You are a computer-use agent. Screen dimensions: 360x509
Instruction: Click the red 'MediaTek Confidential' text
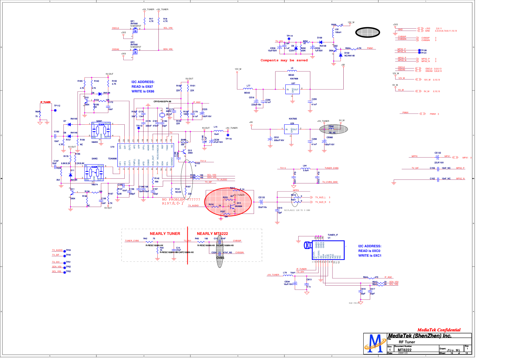click(439, 330)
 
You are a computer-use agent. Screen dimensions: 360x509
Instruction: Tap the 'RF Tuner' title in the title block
click(407, 342)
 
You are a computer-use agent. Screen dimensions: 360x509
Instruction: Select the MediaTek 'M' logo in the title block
click(375, 343)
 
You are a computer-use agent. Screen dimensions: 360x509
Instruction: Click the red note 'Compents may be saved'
click(284, 61)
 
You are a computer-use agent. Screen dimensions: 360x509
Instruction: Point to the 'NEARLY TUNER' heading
click(165, 234)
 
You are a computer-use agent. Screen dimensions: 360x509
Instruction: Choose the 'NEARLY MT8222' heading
click(212, 234)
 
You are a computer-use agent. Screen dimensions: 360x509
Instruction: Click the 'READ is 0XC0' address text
click(369, 251)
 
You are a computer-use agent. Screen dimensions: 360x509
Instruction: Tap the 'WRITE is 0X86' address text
click(143, 91)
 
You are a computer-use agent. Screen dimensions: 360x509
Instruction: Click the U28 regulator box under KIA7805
click(291, 129)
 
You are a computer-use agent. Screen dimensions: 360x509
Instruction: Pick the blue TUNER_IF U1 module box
click(328, 250)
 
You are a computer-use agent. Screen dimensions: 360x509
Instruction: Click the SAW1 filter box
click(101, 130)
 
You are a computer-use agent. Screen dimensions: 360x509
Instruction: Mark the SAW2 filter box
click(94, 173)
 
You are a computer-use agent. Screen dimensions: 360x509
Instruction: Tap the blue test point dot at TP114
click(289, 39)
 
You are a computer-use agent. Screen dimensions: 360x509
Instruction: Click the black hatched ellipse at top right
click(368, 33)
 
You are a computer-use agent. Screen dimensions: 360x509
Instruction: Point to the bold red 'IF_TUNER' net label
click(46, 102)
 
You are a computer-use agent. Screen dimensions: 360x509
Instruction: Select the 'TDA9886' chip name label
click(112, 159)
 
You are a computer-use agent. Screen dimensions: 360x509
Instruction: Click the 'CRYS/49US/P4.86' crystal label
click(162, 102)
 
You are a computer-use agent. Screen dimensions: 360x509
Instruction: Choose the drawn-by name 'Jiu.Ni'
click(453, 350)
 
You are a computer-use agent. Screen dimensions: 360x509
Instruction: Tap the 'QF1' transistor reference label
click(132, 21)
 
